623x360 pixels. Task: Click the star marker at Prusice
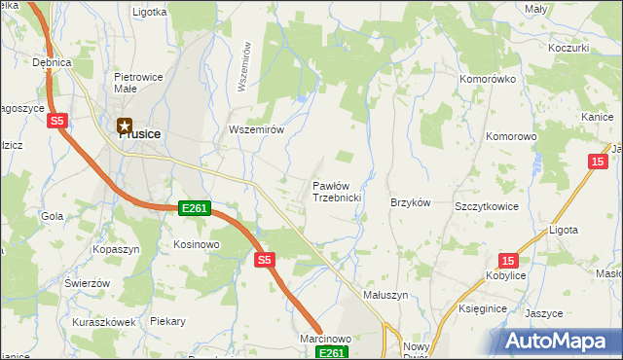125,125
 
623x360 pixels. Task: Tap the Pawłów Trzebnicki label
337,191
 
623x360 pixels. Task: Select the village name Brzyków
410,202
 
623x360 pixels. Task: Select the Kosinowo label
198,244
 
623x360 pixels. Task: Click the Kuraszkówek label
102,321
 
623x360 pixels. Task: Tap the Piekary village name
167,321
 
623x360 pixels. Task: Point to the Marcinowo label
325,338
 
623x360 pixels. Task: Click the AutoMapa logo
560,342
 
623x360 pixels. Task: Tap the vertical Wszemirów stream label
244,66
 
